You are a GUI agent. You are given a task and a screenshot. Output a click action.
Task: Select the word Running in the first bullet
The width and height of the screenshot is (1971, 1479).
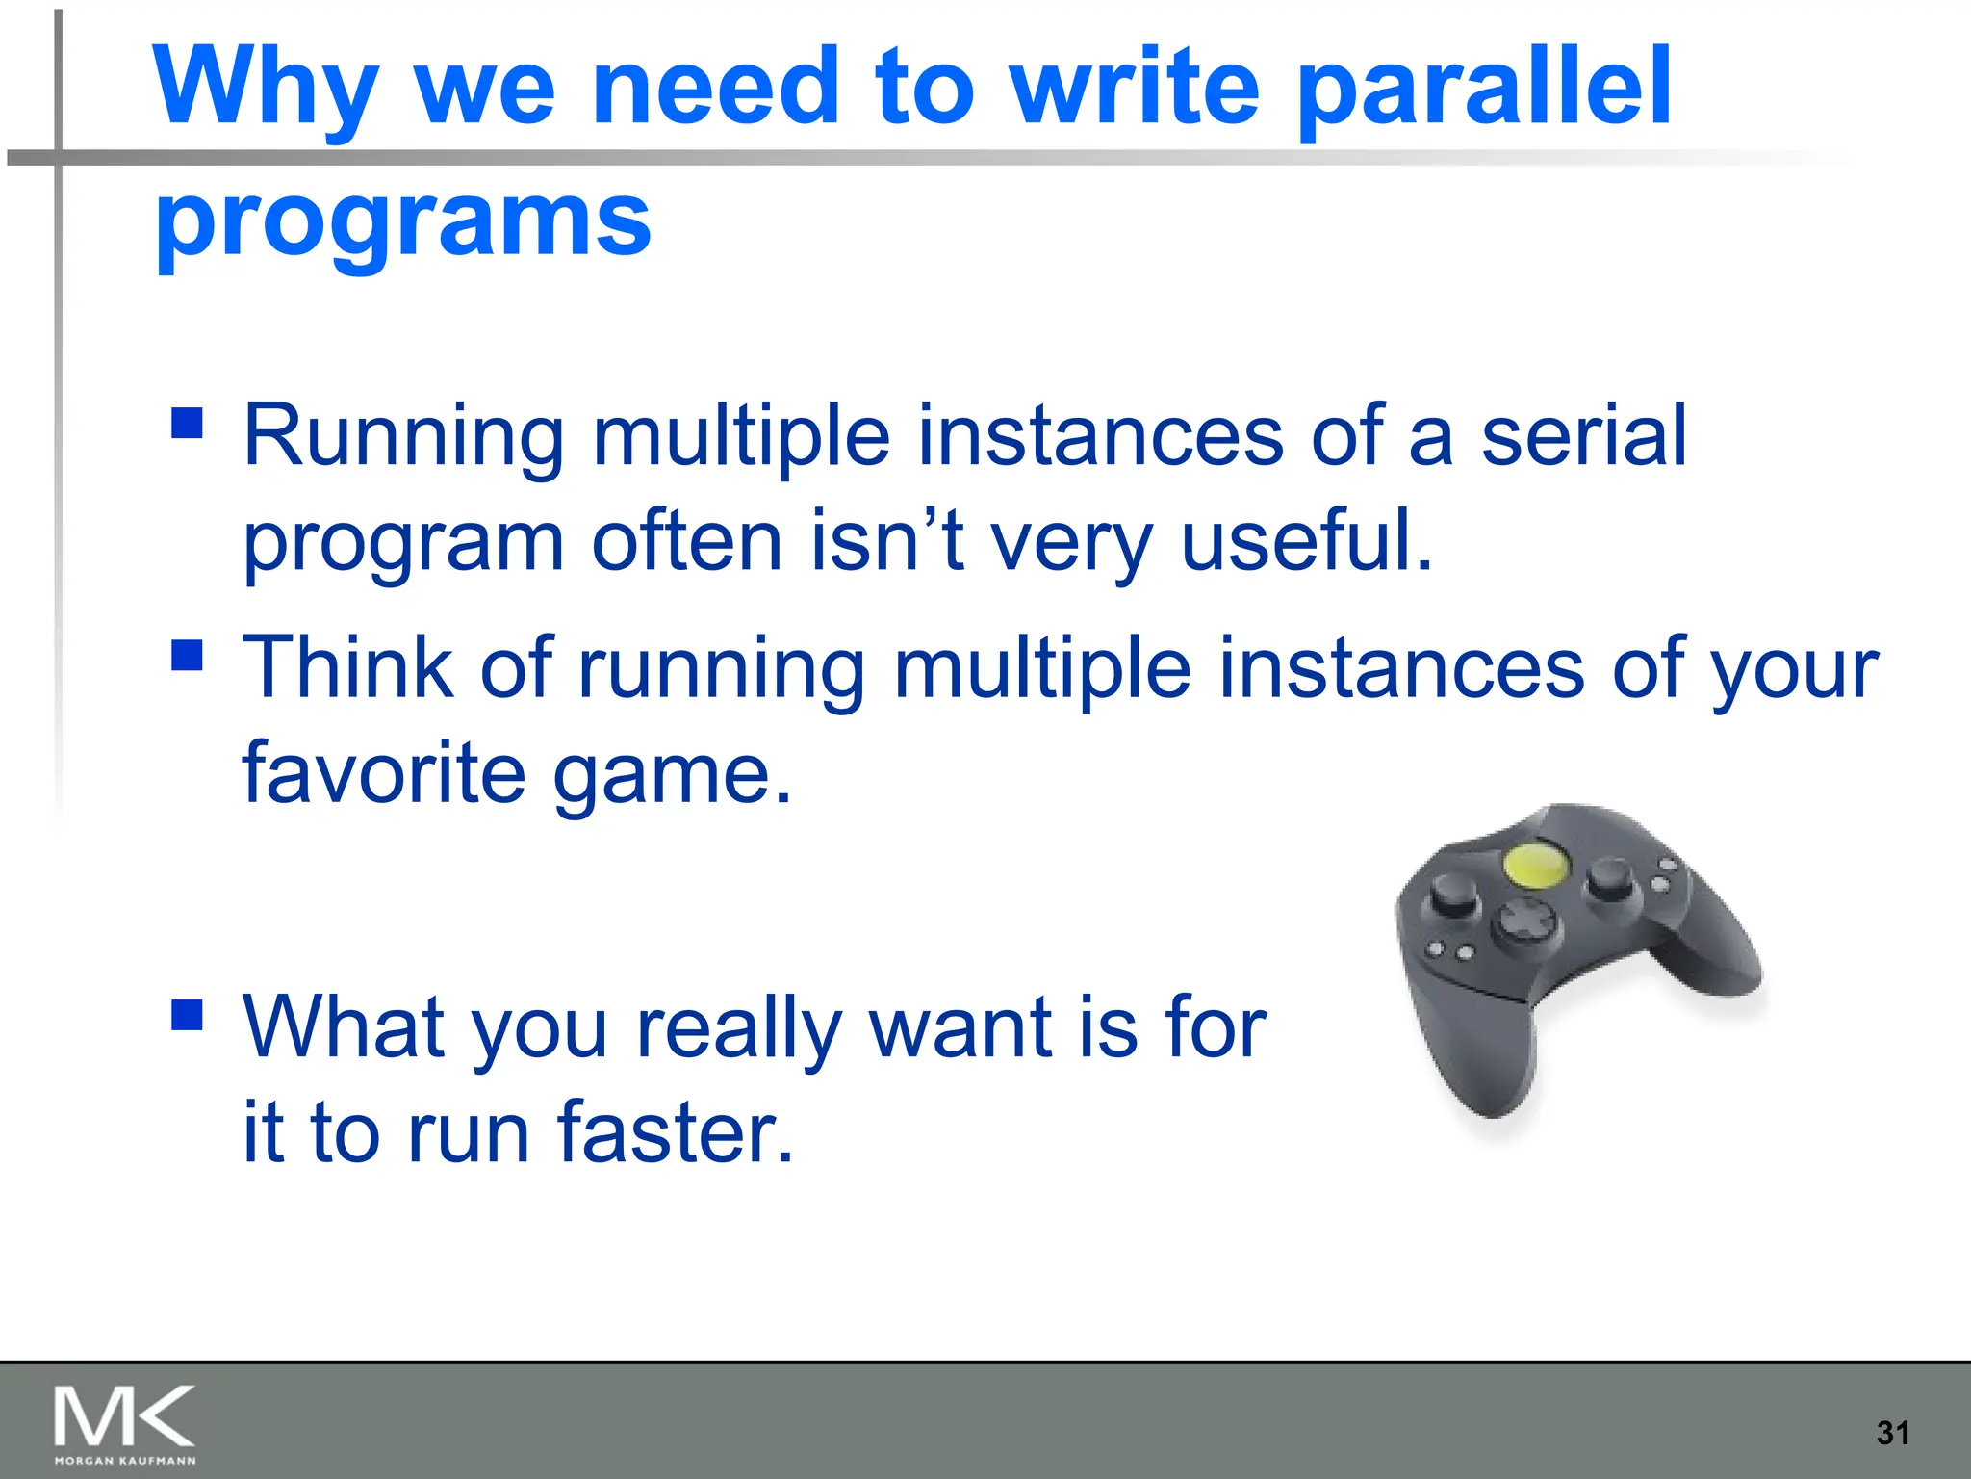coord(403,436)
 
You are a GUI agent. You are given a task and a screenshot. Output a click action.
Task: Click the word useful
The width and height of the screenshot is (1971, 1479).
coord(1306,542)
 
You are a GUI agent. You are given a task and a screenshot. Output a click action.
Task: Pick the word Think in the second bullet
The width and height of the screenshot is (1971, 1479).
coord(347,667)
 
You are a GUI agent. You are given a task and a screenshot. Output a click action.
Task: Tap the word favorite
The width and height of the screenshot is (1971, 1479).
coord(383,773)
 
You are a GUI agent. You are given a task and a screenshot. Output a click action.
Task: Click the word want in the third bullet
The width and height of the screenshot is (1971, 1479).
coord(958,1028)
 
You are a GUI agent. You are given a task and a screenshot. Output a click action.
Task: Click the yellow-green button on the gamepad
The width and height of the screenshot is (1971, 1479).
coord(1534,864)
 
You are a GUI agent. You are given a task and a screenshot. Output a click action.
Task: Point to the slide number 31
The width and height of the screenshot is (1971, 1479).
coord(1892,1433)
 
